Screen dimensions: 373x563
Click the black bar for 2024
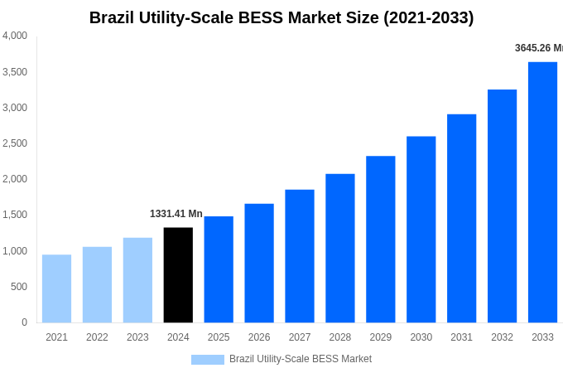(178, 275)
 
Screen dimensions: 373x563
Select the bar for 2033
(542, 192)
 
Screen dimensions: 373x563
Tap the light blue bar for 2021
(56, 288)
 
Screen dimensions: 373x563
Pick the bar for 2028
(339, 248)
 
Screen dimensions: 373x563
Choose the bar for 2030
(421, 230)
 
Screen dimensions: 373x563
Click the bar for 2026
(259, 263)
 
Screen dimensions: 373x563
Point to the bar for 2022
(97, 284)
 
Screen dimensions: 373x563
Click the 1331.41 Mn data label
(176, 214)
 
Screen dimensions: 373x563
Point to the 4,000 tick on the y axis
(15, 36)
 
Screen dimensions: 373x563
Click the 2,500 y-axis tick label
(15, 143)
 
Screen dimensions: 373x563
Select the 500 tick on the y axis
(19, 287)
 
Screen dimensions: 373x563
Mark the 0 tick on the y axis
(24, 322)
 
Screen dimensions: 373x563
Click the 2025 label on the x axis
(219, 337)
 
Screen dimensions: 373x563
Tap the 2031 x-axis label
(461, 337)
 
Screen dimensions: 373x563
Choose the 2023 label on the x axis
(137, 337)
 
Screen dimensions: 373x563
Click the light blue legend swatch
(207, 360)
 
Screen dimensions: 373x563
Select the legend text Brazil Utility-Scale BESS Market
(301, 359)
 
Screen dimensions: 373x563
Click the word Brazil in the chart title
(115, 17)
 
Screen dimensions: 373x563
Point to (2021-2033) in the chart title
(428, 17)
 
